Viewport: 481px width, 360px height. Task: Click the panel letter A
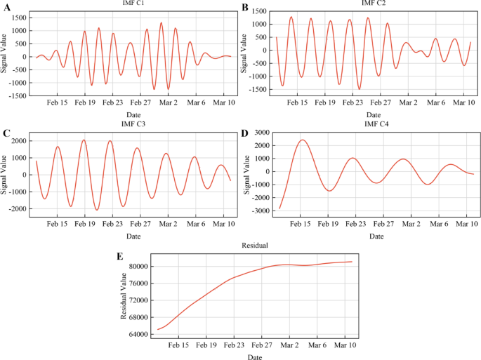[6, 7]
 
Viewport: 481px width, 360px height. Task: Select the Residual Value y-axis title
[124, 295]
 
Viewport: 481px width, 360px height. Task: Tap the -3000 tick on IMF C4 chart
[258, 211]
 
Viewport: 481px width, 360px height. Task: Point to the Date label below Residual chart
[253, 356]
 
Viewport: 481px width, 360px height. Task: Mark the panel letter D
[245, 131]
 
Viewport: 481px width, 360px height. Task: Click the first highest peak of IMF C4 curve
[302, 140]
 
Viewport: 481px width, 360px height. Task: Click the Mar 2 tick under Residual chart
[290, 345]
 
